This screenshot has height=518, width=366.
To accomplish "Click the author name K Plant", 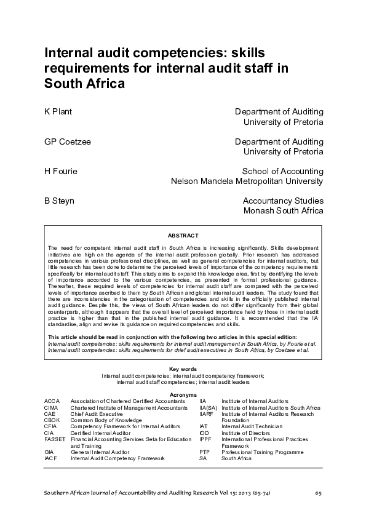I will coord(57,111).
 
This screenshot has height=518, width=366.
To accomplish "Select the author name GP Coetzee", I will coord(68,141).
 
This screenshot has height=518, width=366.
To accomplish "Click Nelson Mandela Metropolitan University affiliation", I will coord(247,181).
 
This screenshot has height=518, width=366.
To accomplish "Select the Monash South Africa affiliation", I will coord(283,210).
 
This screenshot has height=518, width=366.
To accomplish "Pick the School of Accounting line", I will coord(282,171).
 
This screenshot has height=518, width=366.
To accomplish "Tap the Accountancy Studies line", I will coord(283,201).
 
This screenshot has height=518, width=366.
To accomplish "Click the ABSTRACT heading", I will coord(183,236).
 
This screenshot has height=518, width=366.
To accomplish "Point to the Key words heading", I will coord(183,369).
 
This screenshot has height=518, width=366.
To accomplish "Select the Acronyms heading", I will coord(183,394).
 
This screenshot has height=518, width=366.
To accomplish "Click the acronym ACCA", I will coord(52,401).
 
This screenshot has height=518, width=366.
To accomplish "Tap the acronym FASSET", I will coord(54,439).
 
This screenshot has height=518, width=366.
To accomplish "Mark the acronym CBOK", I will coord(52,420).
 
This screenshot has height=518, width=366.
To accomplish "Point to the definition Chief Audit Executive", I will coord(97,413).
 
